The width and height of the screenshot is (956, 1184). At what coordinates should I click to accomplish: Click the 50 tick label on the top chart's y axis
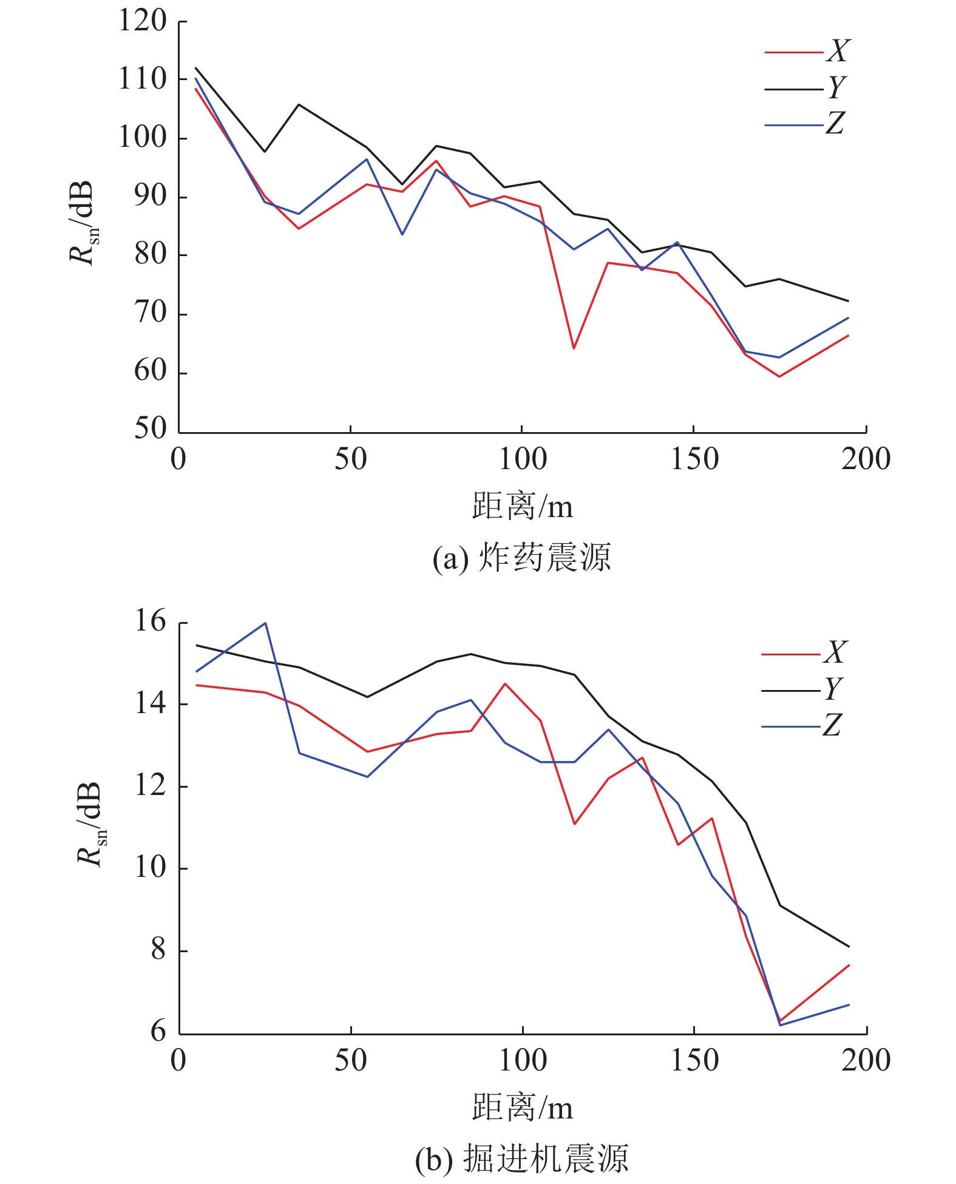pyautogui.click(x=150, y=429)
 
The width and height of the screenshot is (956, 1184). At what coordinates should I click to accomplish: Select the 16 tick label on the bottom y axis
pyautogui.click(x=150, y=622)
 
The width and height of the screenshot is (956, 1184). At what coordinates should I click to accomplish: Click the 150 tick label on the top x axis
pyautogui.click(x=694, y=459)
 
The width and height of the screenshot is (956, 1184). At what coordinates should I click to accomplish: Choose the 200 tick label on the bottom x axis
pyautogui.click(x=866, y=1060)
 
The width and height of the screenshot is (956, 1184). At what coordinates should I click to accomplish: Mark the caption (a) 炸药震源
pyautogui.click(x=521, y=558)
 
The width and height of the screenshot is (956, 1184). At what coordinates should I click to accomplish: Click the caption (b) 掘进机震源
pyautogui.click(x=521, y=1159)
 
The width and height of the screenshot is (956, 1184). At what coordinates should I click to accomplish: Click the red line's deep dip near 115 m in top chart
pyautogui.click(x=574, y=348)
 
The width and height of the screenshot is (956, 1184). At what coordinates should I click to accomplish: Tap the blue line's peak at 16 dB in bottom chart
pyautogui.click(x=265, y=623)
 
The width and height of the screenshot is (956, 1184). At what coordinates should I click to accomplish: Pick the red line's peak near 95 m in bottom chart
pyautogui.click(x=505, y=684)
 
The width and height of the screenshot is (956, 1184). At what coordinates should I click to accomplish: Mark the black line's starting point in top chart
pyautogui.click(x=195, y=68)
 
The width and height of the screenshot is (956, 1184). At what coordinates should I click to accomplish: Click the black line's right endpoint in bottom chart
pyautogui.click(x=849, y=946)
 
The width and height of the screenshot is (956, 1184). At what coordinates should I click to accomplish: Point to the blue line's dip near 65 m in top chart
pyautogui.click(x=402, y=234)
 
